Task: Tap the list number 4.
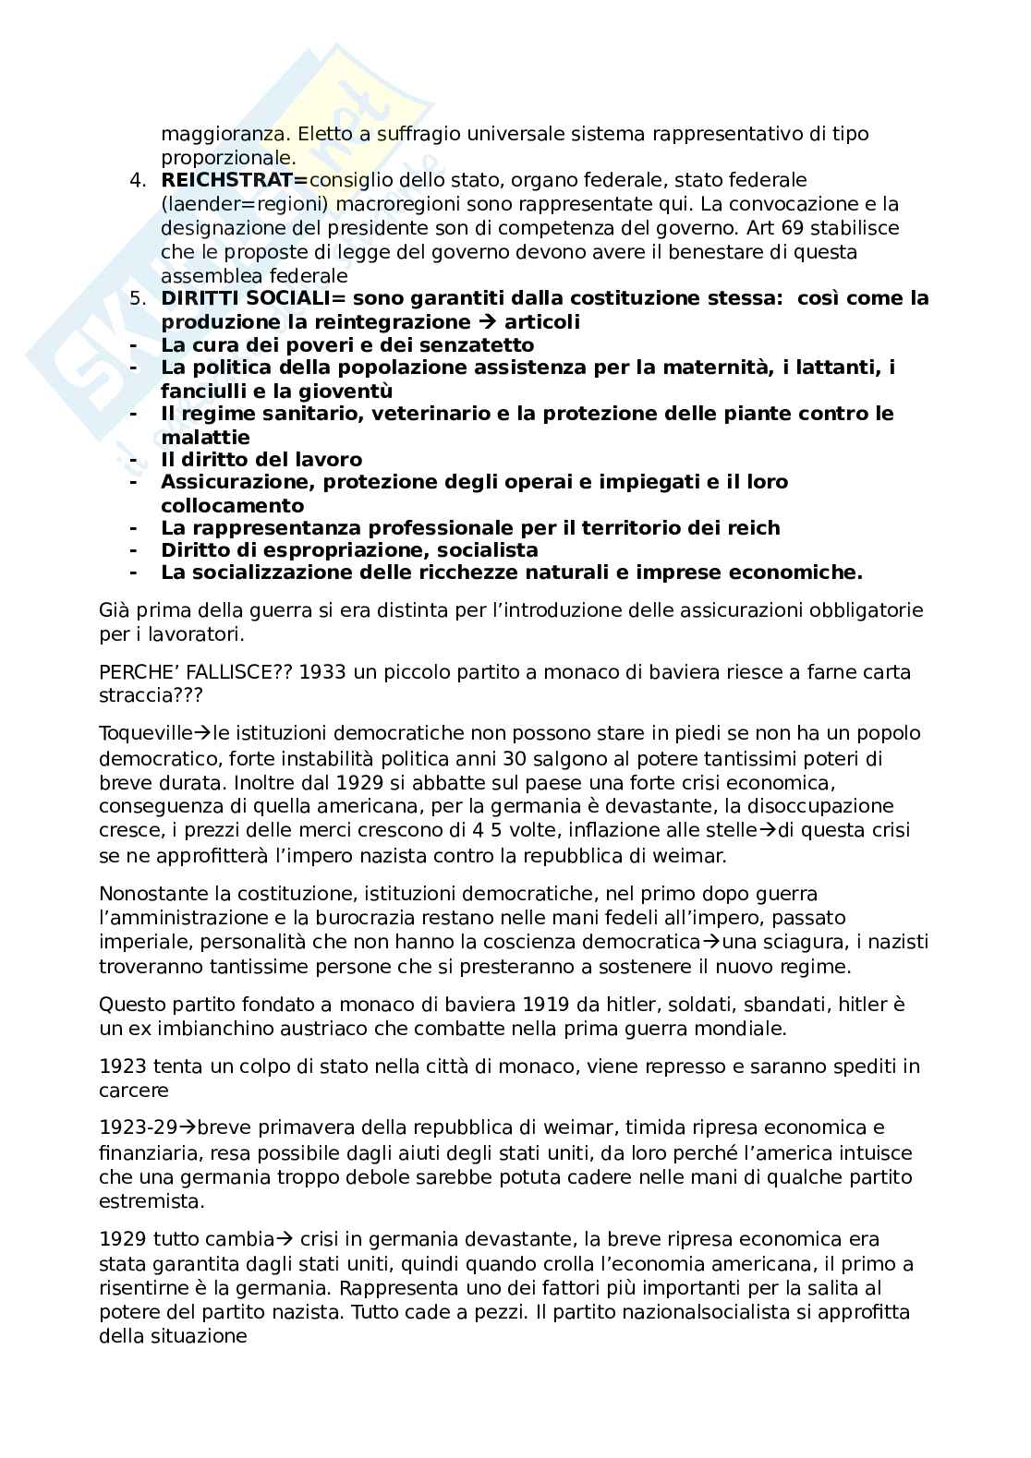(138, 179)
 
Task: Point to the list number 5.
(138, 298)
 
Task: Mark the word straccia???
(144, 696)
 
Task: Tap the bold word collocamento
(232, 505)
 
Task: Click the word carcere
(133, 1090)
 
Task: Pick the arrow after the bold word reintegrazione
(487, 322)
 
